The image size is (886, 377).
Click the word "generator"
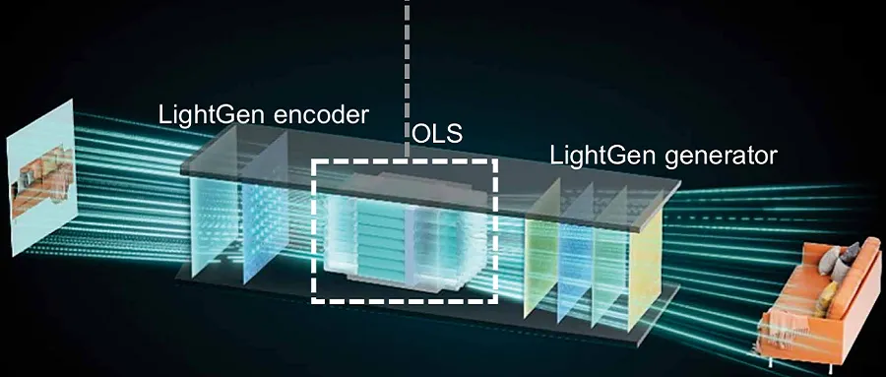pyautogui.click(x=728, y=156)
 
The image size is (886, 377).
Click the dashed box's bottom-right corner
pyautogui.click(x=496, y=299)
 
